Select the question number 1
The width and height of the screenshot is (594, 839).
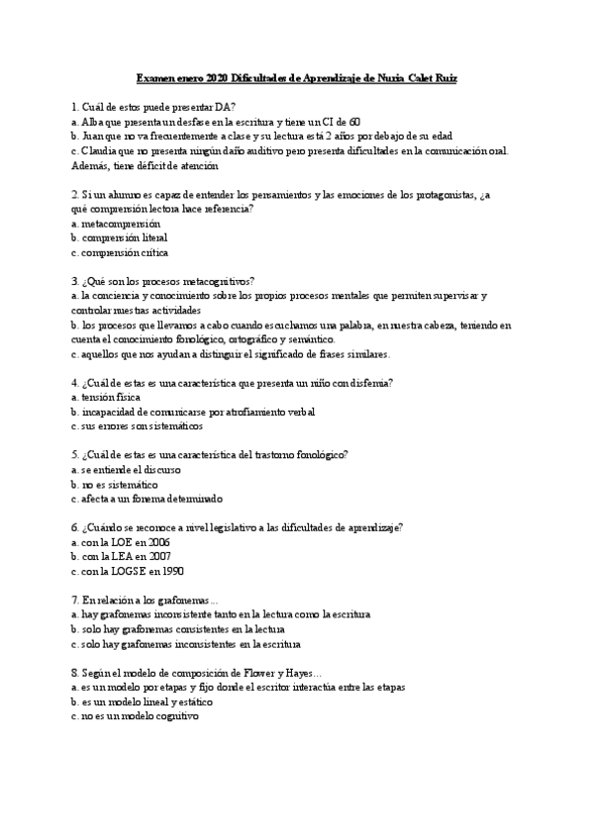tap(75, 106)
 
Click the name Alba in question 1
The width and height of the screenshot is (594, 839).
tap(95, 121)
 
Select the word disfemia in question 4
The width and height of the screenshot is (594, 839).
tap(366, 383)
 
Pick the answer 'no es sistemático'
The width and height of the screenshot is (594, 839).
tap(119, 485)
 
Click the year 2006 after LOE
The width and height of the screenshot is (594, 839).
tap(157, 543)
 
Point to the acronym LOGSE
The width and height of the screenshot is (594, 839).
tap(123, 572)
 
